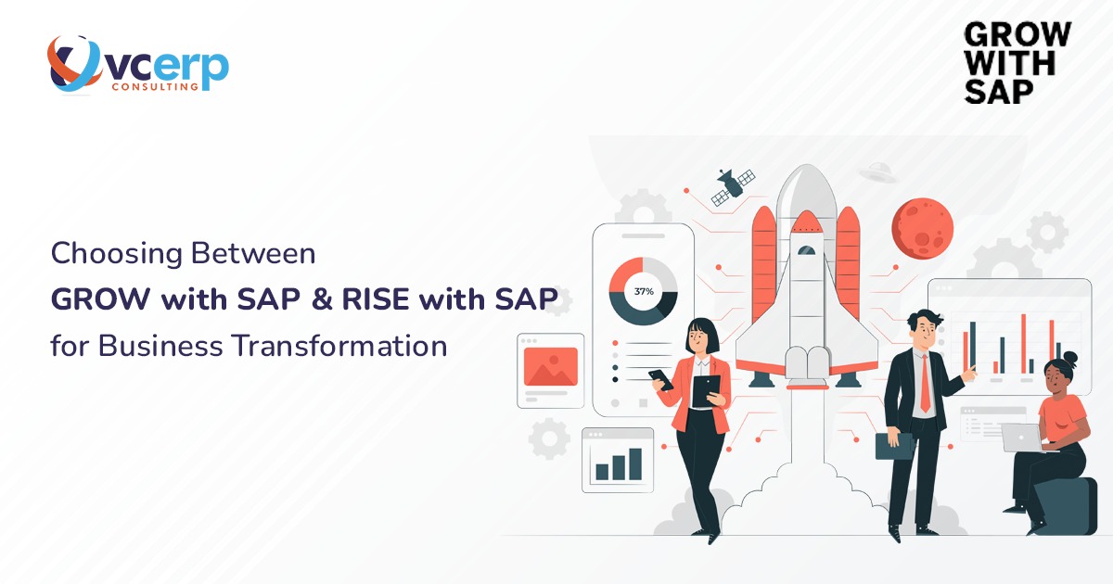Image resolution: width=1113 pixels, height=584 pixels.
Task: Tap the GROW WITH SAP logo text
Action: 1017,62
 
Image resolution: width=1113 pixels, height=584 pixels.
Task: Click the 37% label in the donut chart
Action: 644,291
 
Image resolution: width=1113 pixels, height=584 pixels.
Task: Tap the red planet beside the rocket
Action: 922,227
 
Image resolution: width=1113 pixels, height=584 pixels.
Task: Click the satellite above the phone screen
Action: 732,186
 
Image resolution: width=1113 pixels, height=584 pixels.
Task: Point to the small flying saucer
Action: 876,171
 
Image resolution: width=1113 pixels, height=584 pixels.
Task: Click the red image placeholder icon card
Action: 551,367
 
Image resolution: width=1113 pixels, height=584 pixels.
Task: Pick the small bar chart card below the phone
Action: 618,460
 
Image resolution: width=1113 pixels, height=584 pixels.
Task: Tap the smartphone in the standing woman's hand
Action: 661,379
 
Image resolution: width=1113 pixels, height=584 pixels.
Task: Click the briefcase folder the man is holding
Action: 895,445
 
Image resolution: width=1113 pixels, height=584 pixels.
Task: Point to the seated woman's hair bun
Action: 1070,357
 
